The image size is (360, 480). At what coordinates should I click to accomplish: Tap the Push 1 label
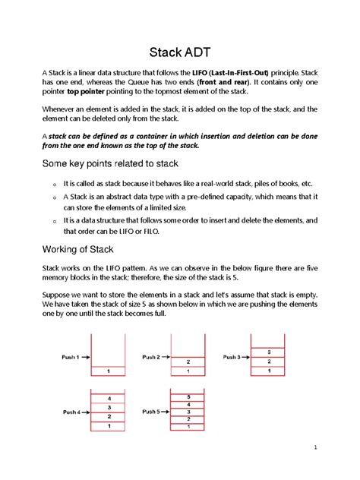(x=70, y=355)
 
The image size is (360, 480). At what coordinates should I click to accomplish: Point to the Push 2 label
(x=150, y=356)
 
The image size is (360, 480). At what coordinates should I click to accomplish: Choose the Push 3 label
(x=232, y=356)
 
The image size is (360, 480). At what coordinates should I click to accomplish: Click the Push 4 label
(x=72, y=412)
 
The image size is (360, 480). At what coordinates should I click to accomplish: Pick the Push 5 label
(x=150, y=412)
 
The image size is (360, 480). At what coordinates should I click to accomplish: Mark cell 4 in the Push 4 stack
(x=110, y=398)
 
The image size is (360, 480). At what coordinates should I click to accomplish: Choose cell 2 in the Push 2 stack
(x=188, y=362)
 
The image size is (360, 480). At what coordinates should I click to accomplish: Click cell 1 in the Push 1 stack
(x=110, y=371)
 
